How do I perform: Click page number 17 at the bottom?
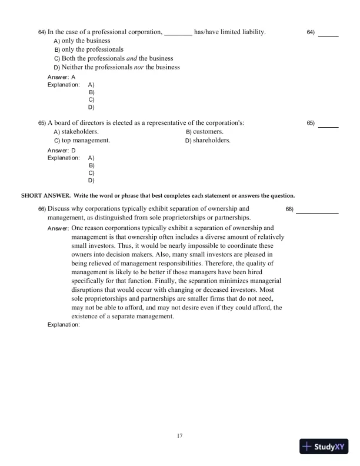click(180, 435)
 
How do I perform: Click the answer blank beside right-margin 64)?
click(328, 36)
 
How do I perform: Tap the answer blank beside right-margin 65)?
click(328, 127)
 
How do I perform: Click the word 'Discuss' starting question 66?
click(60, 208)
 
